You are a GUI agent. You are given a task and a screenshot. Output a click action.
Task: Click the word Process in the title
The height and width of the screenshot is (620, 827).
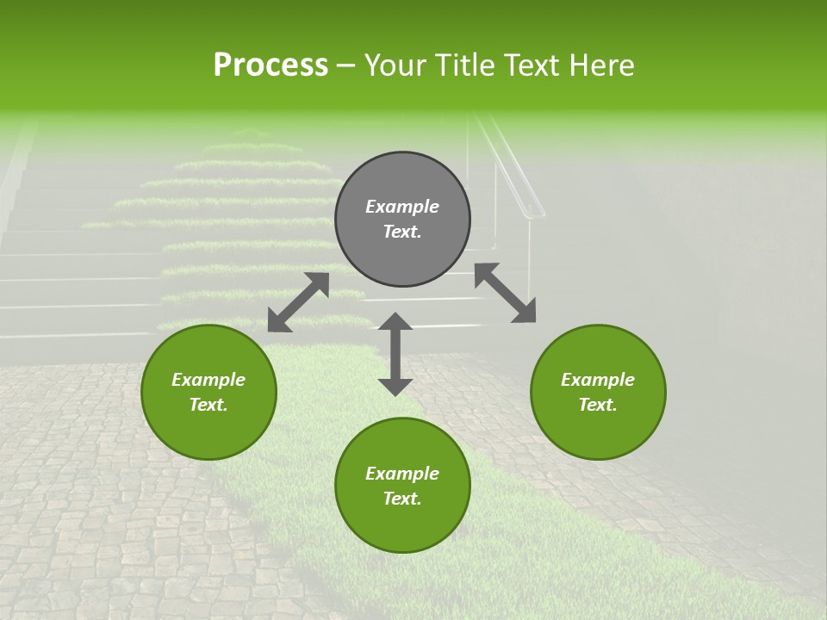tap(270, 65)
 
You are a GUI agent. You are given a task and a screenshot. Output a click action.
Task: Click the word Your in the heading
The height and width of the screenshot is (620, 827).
tap(395, 65)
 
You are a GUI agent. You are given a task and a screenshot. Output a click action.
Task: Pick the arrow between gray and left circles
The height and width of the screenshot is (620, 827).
tap(298, 302)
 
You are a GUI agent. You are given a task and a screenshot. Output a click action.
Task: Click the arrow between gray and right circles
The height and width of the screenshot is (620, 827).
tap(505, 293)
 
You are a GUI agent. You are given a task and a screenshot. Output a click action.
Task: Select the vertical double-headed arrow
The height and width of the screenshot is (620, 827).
tap(395, 354)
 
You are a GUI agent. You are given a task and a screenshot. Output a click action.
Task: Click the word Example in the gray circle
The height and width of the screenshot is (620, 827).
tap(402, 207)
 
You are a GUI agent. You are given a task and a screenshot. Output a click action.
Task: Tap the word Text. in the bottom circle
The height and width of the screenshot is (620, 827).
tap(402, 499)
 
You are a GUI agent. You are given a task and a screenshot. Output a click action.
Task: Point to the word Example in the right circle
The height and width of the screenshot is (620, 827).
tap(598, 380)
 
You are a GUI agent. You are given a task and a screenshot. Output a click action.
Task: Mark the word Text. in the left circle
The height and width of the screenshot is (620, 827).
tap(208, 405)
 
